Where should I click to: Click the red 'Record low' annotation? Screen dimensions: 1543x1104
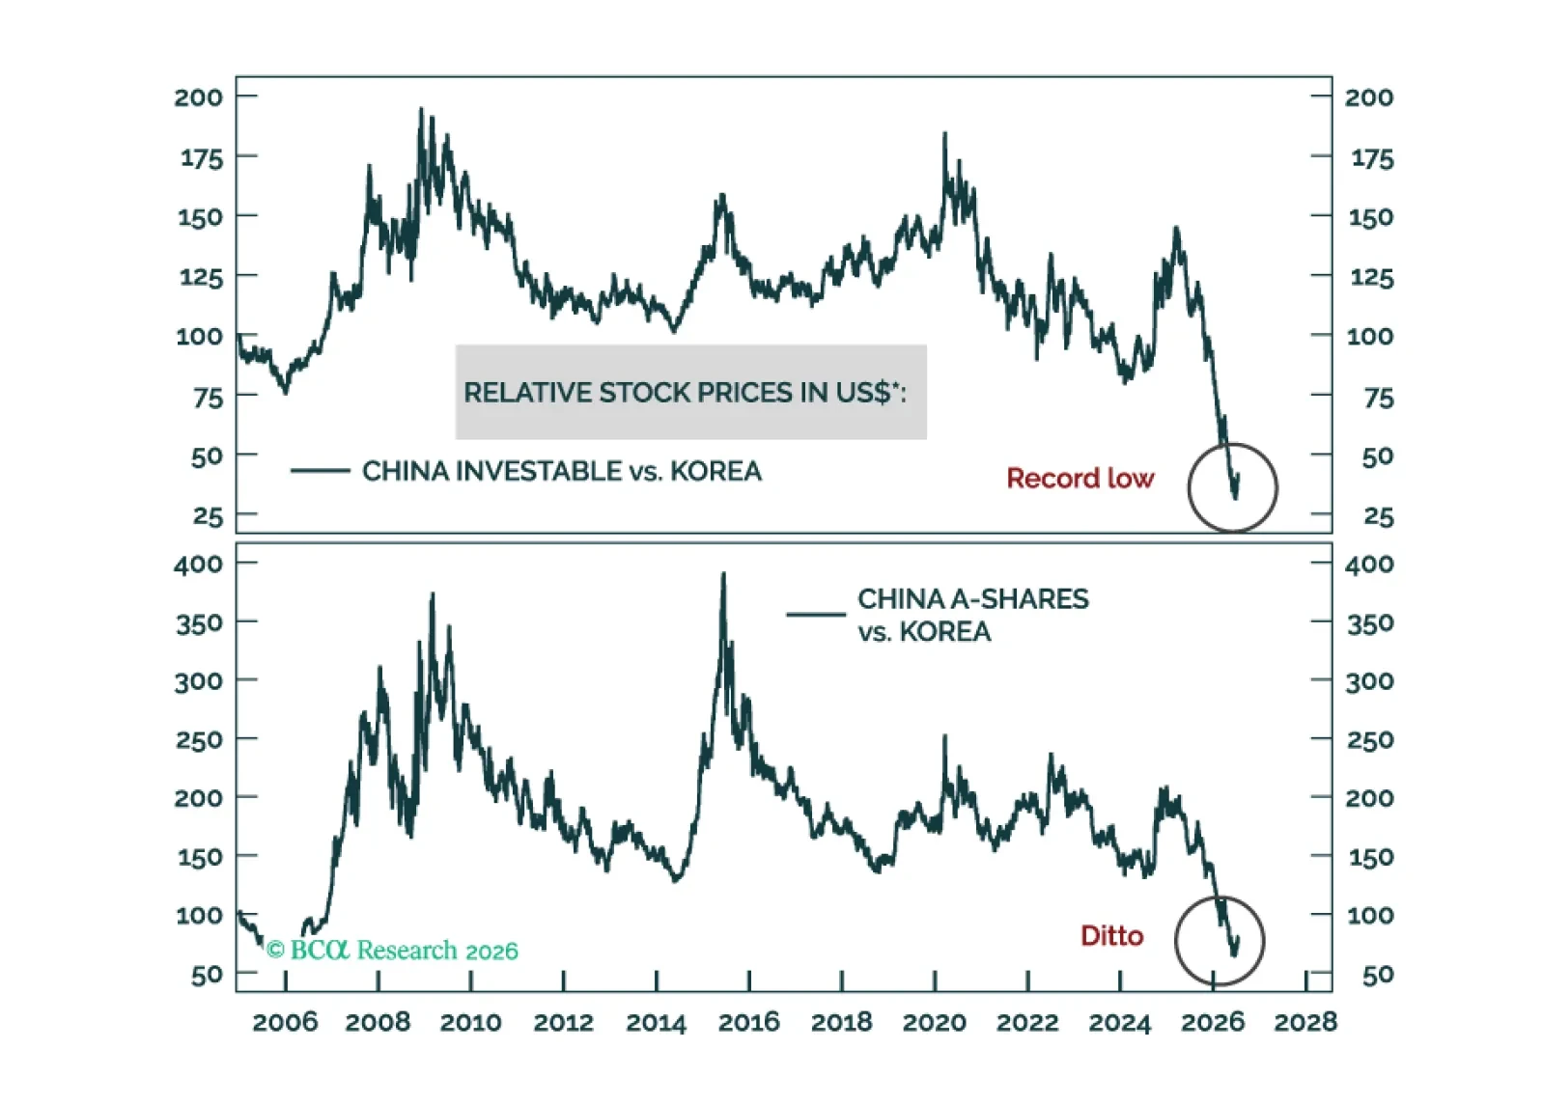pyautogui.click(x=1080, y=479)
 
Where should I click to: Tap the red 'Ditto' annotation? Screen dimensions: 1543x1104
pyautogui.click(x=1111, y=936)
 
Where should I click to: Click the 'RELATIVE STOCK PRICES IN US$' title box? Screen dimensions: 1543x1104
pyautogui.click(x=691, y=393)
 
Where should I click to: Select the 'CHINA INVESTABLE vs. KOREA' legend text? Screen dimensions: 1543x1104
pyautogui.click(x=562, y=472)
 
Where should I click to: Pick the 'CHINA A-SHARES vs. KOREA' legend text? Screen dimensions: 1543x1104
pyautogui.click(x=972, y=616)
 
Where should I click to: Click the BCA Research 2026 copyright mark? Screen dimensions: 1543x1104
pyautogui.click(x=392, y=951)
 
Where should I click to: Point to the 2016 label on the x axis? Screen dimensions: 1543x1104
pyautogui.click(x=748, y=1022)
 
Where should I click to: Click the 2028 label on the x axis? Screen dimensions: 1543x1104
pyautogui.click(x=1305, y=1022)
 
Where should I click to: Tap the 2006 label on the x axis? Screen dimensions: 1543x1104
pyautogui.click(x=285, y=1022)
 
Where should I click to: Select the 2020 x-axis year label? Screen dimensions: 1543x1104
pyautogui.click(x=935, y=1022)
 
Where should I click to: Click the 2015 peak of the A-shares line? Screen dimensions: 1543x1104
pyautogui.click(x=723, y=572)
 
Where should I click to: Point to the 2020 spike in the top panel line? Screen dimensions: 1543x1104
pyautogui.click(x=944, y=133)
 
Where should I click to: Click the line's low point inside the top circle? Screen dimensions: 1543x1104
pyautogui.click(x=1235, y=497)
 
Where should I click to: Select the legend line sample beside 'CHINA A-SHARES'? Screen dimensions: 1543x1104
pyautogui.click(x=816, y=614)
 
